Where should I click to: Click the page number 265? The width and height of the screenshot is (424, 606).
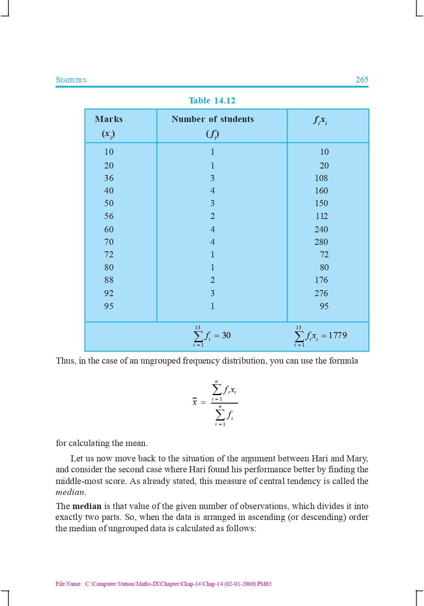pyautogui.click(x=362, y=80)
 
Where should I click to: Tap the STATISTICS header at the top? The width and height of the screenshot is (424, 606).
pyautogui.click(x=71, y=80)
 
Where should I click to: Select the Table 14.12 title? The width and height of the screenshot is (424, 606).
pyautogui.click(x=212, y=101)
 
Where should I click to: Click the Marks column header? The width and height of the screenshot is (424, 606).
pyautogui.click(x=109, y=119)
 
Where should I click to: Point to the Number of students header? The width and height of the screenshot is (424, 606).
pyautogui.click(x=213, y=119)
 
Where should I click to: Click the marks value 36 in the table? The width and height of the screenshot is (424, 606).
pyautogui.click(x=109, y=178)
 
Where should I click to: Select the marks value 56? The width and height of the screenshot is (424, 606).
pyautogui.click(x=109, y=216)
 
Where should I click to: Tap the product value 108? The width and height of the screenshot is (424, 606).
pyautogui.click(x=321, y=178)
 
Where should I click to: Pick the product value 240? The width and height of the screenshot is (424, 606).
pyautogui.click(x=321, y=229)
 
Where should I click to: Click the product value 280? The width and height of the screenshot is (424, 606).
pyautogui.click(x=321, y=242)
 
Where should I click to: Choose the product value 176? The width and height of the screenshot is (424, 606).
pyautogui.click(x=321, y=280)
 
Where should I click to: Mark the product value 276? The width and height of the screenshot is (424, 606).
pyautogui.click(x=321, y=293)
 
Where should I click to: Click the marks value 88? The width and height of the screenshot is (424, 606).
pyautogui.click(x=109, y=280)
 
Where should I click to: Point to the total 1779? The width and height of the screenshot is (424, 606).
pyautogui.click(x=338, y=335)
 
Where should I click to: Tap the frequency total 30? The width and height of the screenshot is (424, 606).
pyautogui.click(x=226, y=336)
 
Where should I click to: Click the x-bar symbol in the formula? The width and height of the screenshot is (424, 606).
pyautogui.click(x=195, y=402)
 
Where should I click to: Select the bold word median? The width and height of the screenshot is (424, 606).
pyautogui.click(x=87, y=506)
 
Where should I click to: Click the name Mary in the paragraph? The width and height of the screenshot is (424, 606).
pyautogui.click(x=357, y=459)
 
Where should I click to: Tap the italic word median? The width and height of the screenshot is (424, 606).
pyautogui.click(x=70, y=492)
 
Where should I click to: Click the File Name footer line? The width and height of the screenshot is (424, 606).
pyautogui.click(x=164, y=584)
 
